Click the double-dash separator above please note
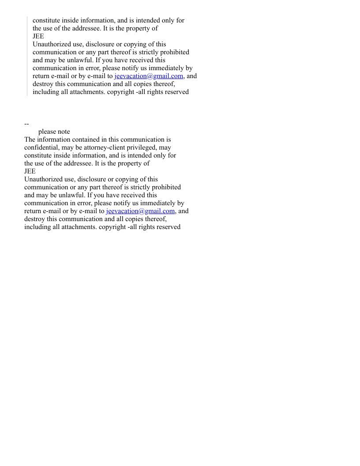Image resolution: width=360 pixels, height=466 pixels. pyautogui.click(x=26, y=124)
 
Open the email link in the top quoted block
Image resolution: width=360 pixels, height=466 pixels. pyautogui.click(x=149, y=76)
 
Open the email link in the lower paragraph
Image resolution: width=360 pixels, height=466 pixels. pyautogui.click(x=140, y=211)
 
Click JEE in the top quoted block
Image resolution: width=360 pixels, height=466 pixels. pyautogui.click(x=38, y=36)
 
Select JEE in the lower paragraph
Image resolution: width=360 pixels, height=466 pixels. pyautogui.click(x=30, y=171)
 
